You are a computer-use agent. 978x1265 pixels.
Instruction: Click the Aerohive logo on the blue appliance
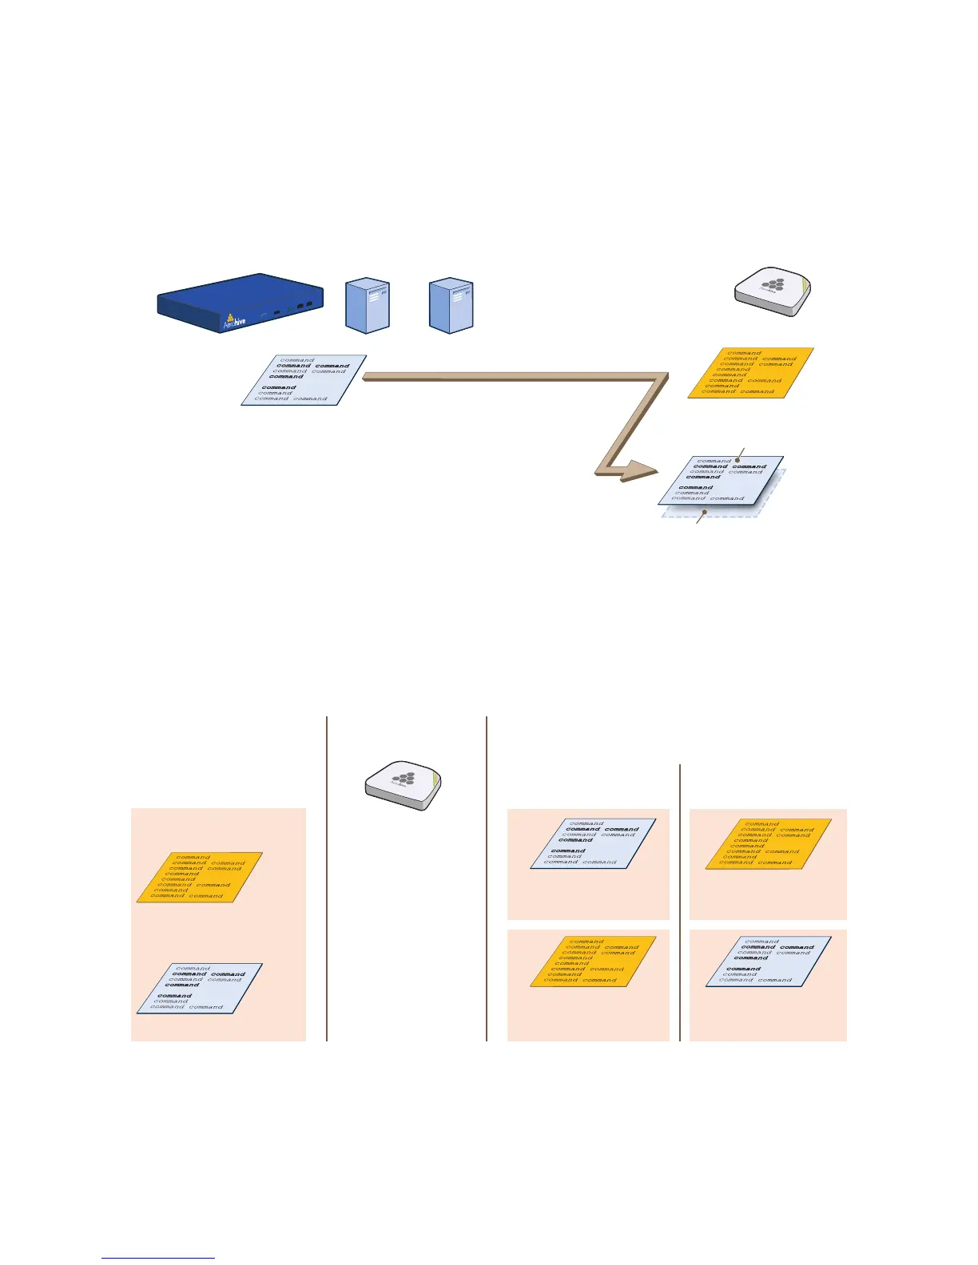click(233, 320)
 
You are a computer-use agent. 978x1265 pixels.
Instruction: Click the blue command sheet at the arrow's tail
click(304, 380)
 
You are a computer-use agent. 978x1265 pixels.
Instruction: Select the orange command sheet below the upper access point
click(751, 372)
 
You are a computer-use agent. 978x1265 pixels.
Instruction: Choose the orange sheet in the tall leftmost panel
click(200, 877)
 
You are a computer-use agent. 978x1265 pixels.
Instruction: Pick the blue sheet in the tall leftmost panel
click(200, 988)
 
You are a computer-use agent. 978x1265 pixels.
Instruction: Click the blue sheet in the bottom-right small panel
click(769, 962)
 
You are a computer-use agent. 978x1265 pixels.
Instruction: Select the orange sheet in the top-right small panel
click(769, 843)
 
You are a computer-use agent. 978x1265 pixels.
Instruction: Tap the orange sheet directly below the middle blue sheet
click(593, 962)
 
